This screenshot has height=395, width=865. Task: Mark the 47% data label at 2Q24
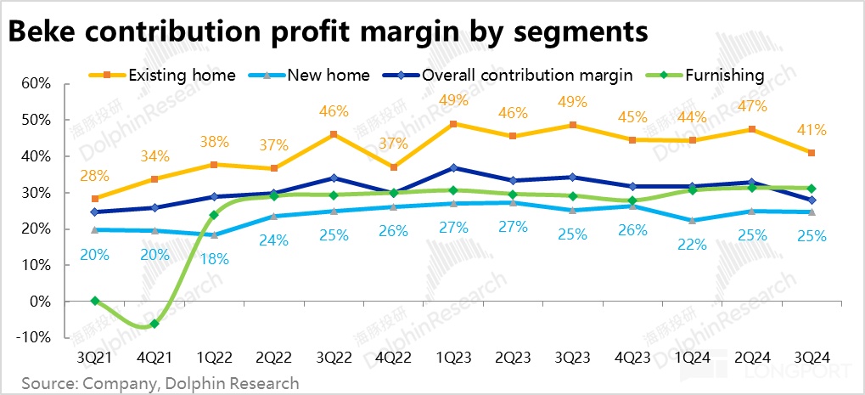point(753,107)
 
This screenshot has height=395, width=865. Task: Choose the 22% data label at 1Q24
point(692,245)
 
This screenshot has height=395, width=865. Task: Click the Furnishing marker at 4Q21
point(154,324)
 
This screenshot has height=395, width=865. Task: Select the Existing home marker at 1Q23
point(454,124)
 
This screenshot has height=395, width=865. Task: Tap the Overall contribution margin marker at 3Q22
point(334,178)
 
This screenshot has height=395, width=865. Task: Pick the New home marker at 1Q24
point(693,221)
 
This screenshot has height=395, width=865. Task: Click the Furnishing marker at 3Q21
point(95,301)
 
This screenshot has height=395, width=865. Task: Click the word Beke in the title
point(42,31)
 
